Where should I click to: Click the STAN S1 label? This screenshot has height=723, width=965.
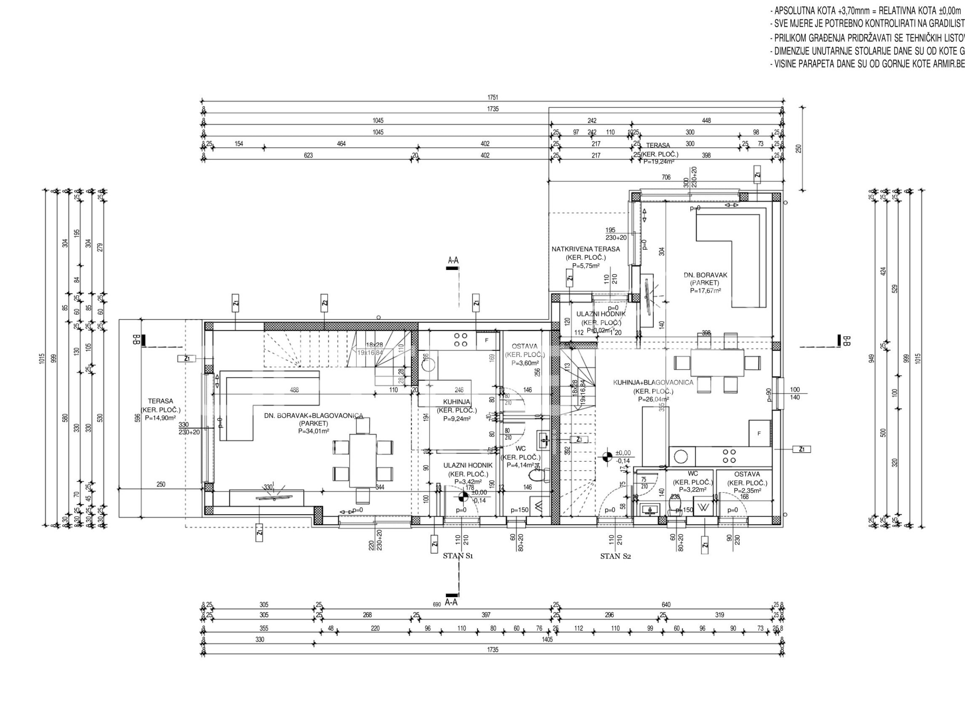coord(458,556)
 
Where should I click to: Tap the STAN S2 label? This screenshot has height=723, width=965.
coord(616,557)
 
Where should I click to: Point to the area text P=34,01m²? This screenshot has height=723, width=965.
coord(314,431)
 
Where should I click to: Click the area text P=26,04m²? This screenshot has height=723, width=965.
coord(653,399)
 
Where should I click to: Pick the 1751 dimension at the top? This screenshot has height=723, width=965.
coord(493,98)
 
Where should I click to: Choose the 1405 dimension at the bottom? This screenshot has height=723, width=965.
coord(547,640)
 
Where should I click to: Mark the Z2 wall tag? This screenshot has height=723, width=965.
coord(324,303)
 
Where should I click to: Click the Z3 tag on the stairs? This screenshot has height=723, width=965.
coord(579,440)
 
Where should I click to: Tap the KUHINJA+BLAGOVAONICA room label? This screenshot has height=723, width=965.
coord(653,383)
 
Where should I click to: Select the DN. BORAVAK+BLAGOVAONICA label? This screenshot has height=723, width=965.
coord(314,416)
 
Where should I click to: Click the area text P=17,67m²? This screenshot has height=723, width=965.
coord(705,291)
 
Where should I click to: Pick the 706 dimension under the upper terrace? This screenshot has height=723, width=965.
coord(666,177)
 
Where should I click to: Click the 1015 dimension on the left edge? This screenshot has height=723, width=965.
coord(42,359)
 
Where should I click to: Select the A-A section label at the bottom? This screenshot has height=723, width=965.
coord(451,603)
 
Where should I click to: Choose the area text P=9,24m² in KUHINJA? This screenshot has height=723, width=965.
coord(457,419)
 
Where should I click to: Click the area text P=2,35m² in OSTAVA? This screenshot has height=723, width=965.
coord(747,490)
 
